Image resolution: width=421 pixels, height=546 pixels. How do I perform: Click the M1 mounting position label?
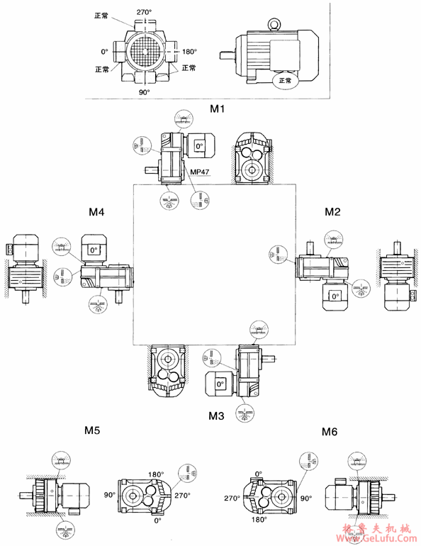click(217, 109)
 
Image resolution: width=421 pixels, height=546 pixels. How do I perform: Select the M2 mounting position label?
click(333, 211)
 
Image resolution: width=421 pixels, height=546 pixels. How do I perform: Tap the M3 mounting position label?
click(217, 416)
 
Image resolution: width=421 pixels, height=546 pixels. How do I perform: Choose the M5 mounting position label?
click(92, 430)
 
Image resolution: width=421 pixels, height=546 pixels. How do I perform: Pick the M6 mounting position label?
click(330, 431)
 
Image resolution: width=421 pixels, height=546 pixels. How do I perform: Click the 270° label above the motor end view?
click(145, 13)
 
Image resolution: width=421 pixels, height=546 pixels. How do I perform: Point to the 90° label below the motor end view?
click(145, 92)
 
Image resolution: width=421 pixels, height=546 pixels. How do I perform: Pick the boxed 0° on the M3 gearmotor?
click(220, 384)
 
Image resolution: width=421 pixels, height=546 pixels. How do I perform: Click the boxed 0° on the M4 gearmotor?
click(92, 250)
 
